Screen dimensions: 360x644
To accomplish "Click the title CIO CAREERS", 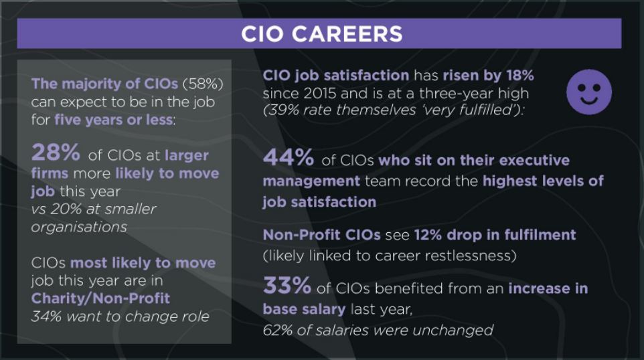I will (321, 33).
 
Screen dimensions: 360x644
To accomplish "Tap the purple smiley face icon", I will (588, 90).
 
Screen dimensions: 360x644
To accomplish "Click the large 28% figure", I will (56, 153).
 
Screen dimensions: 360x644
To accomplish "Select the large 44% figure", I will (289, 159).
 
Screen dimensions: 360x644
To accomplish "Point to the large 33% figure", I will (287, 286).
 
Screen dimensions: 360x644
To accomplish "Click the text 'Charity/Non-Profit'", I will (100, 298).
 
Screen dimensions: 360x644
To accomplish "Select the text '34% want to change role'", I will (120, 316).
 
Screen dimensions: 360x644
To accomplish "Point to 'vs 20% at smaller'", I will (93, 209).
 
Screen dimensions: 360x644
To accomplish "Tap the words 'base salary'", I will (304, 309).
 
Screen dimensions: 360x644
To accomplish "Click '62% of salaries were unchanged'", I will (378, 329).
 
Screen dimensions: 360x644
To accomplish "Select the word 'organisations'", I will (79, 227).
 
